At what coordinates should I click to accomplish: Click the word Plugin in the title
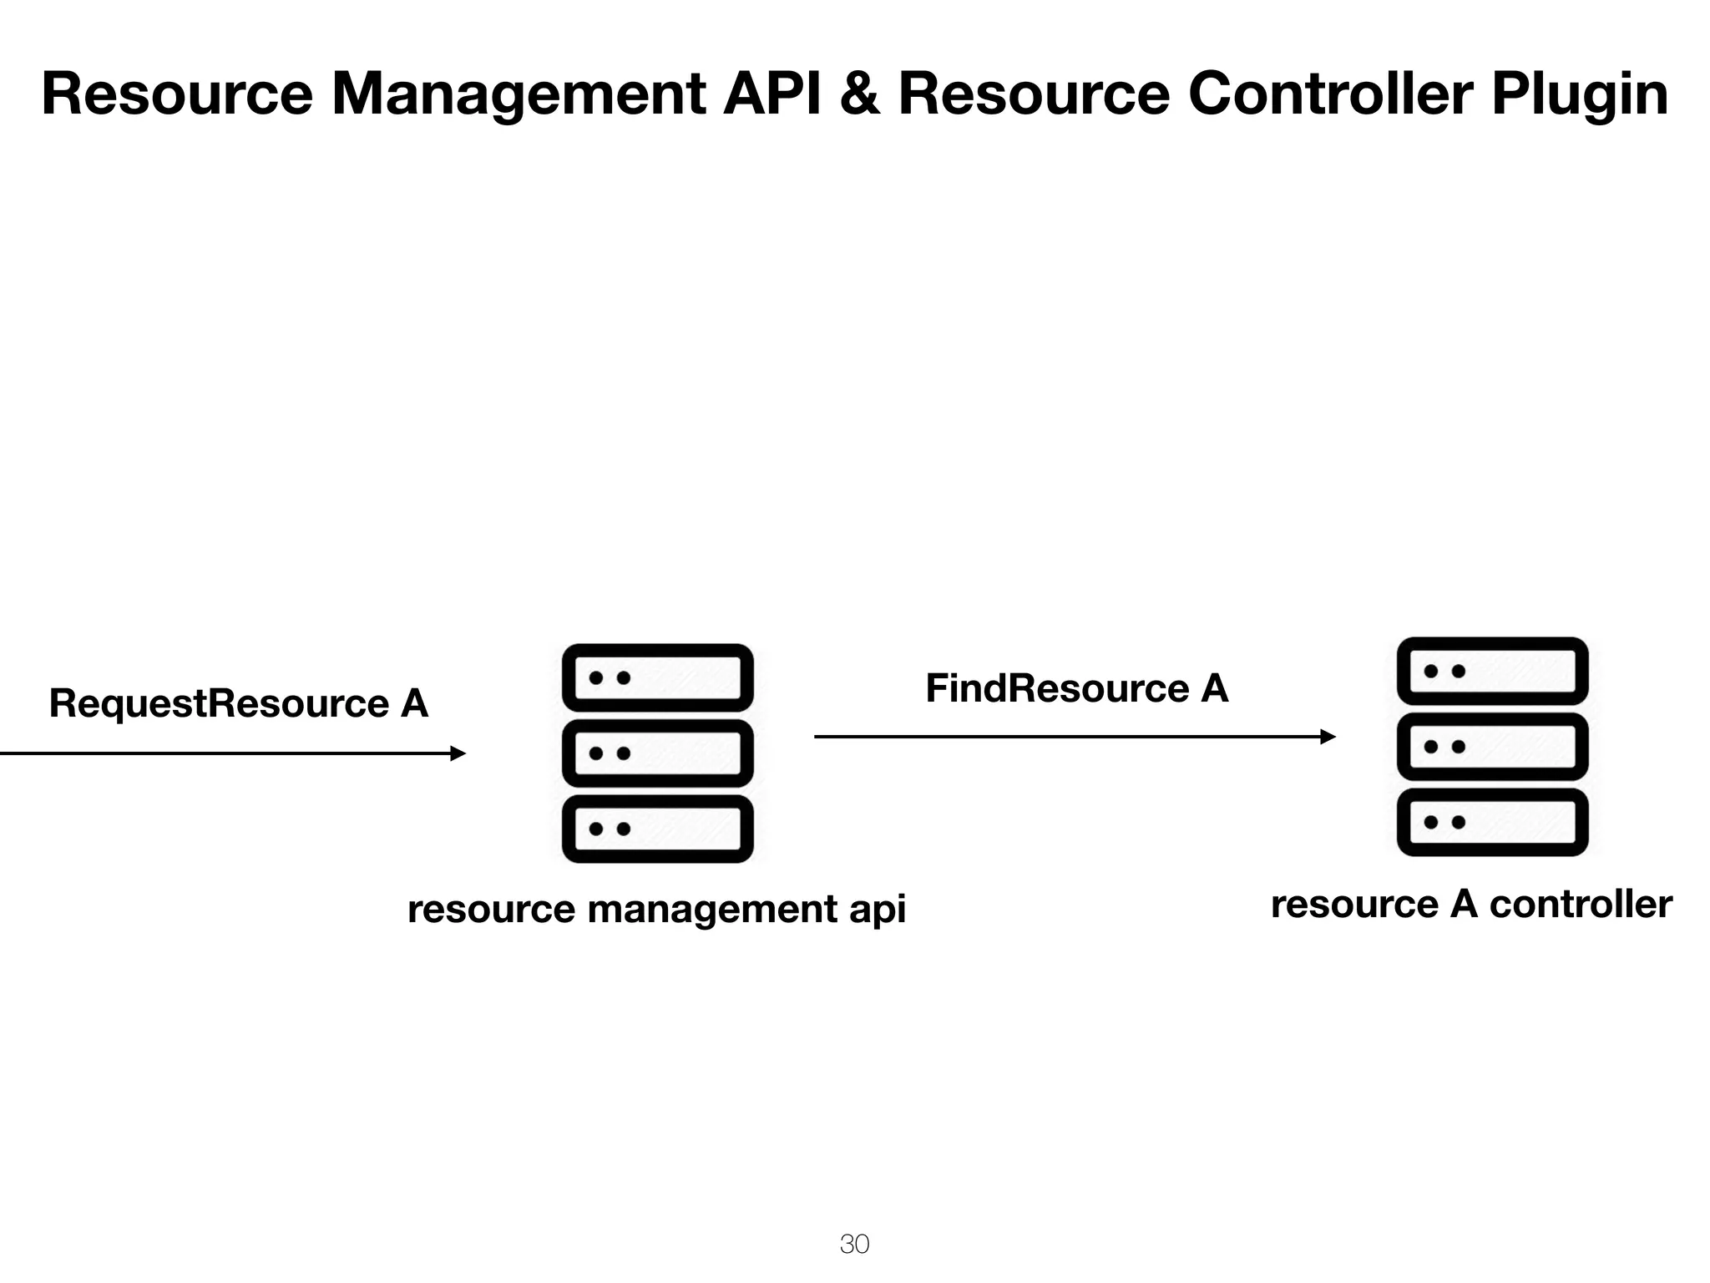point(1580,95)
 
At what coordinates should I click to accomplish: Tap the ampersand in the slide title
point(859,94)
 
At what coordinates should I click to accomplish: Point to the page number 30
point(854,1244)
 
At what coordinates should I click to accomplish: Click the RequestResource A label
point(239,703)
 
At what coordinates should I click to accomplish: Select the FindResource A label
point(1076,689)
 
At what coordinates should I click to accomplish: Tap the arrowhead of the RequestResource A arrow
point(458,753)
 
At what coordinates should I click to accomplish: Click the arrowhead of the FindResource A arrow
point(1328,737)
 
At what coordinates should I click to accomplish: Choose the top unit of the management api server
point(658,677)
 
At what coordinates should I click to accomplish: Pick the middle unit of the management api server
point(658,753)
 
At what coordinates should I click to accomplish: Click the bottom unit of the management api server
point(658,829)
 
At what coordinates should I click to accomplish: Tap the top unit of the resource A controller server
point(1492,671)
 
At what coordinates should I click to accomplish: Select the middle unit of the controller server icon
point(1492,746)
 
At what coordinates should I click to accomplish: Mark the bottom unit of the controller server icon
point(1492,822)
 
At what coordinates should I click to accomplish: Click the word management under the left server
point(712,910)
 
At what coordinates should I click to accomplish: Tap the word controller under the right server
point(1580,905)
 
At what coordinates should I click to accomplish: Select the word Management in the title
point(519,95)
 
